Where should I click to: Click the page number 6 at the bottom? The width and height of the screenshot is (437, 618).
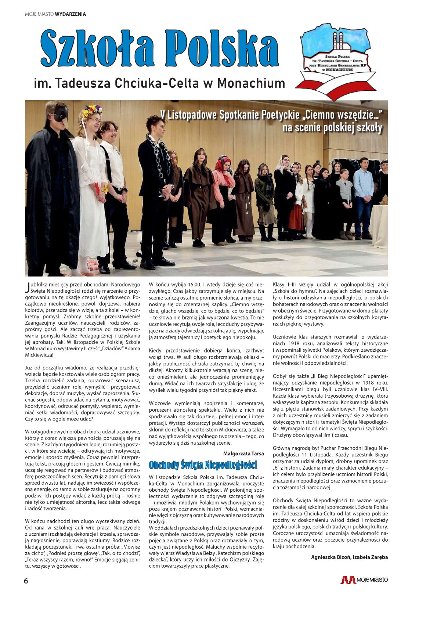coord(26,581)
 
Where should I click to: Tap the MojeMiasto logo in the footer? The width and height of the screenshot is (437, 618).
coord(364,580)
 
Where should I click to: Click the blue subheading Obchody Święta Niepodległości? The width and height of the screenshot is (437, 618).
coord(203,465)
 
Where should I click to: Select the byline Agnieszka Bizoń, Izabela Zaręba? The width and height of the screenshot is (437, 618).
coord(349,557)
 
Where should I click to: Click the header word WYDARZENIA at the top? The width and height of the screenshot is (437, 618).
coord(71,14)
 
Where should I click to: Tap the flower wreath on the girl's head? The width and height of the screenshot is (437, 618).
coord(92,110)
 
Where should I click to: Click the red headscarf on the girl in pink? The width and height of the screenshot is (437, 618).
coord(223,165)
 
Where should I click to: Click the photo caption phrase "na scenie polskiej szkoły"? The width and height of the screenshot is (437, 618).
coord(332,127)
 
